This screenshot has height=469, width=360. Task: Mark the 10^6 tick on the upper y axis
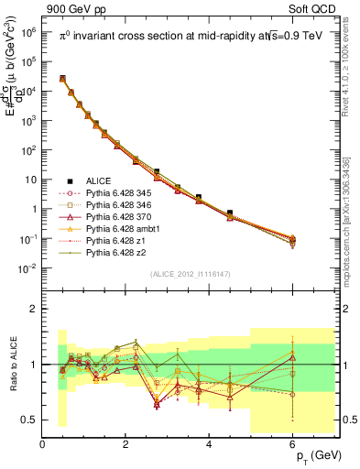(x=28, y=31)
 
